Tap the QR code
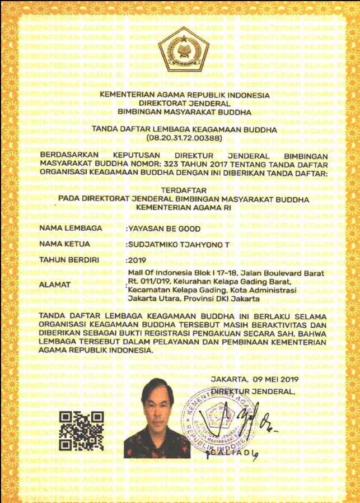coord(82,431)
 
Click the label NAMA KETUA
coord(66,245)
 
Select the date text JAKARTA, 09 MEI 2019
coord(255,379)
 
